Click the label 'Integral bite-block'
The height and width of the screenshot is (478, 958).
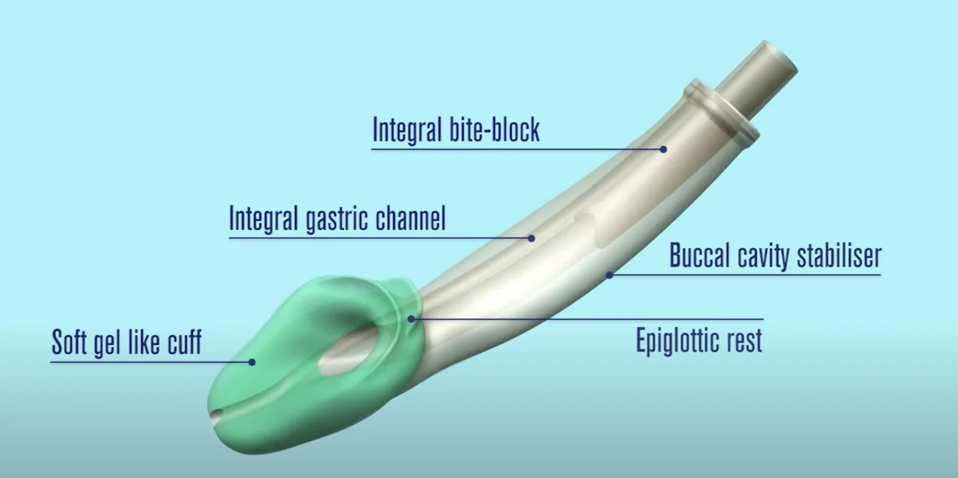(x=456, y=129)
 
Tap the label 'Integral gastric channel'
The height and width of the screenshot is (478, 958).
(x=337, y=219)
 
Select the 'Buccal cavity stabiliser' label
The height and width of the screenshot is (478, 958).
(x=775, y=256)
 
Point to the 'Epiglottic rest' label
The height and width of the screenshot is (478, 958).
(x=699, y=340)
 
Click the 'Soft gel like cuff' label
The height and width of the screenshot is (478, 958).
(x=126, y=343)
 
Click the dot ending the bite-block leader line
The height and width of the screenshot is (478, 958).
(x=663, y=149)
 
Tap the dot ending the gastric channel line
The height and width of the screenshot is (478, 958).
(x=531, y=238)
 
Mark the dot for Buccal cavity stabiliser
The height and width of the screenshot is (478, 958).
(x=609, y=275)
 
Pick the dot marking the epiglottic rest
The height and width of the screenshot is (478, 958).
(x=411, y=319)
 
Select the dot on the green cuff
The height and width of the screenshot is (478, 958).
(x=252, y=362)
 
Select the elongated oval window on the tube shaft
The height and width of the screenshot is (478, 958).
(x=595, y=230)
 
